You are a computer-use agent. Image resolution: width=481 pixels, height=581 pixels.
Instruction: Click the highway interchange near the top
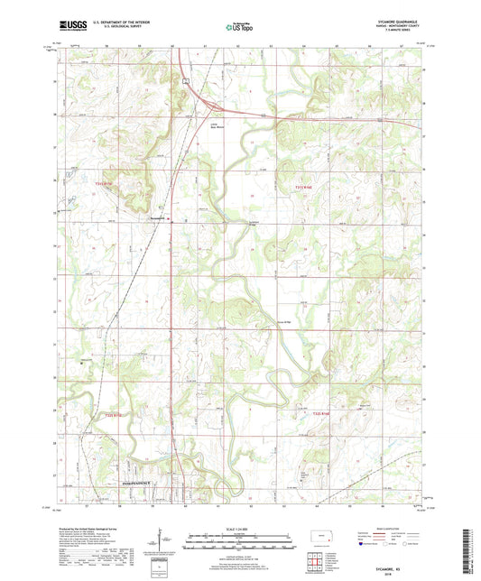(x=184, y=82)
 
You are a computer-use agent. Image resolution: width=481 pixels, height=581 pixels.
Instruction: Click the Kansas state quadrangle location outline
(x=317, y=538)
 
